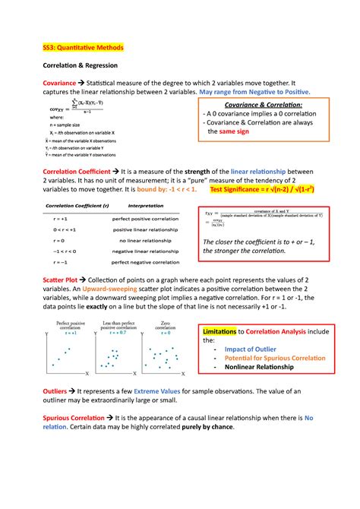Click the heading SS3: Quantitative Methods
pos(82,47)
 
